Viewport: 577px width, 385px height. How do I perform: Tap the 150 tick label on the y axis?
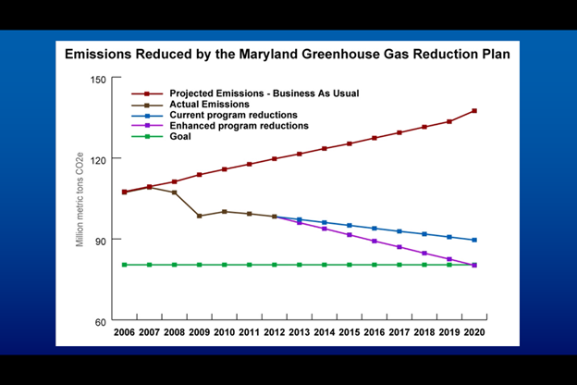coord(99,79)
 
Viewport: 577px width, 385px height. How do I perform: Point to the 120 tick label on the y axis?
coord(99,159)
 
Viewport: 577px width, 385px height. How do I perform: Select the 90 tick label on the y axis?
coord(102,241)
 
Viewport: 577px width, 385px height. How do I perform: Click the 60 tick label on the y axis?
coord(102,321)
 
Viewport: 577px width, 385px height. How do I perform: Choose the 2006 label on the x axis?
coord(124,331)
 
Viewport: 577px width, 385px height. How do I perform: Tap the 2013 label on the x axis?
coord(299,331)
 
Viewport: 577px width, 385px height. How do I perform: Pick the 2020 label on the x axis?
coord(474,331)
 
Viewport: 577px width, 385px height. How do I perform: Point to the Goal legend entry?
coord(181,136)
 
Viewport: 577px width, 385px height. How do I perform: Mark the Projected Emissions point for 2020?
coord(474,111)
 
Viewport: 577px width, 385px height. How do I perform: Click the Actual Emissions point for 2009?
coord(199,216)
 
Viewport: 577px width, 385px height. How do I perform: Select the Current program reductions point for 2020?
coord(474,240)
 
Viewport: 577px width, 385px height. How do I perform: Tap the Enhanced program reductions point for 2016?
coord(374,241)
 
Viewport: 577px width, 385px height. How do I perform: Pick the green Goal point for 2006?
coord(124,265)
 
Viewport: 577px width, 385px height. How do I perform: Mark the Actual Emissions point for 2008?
coord(174,192)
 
